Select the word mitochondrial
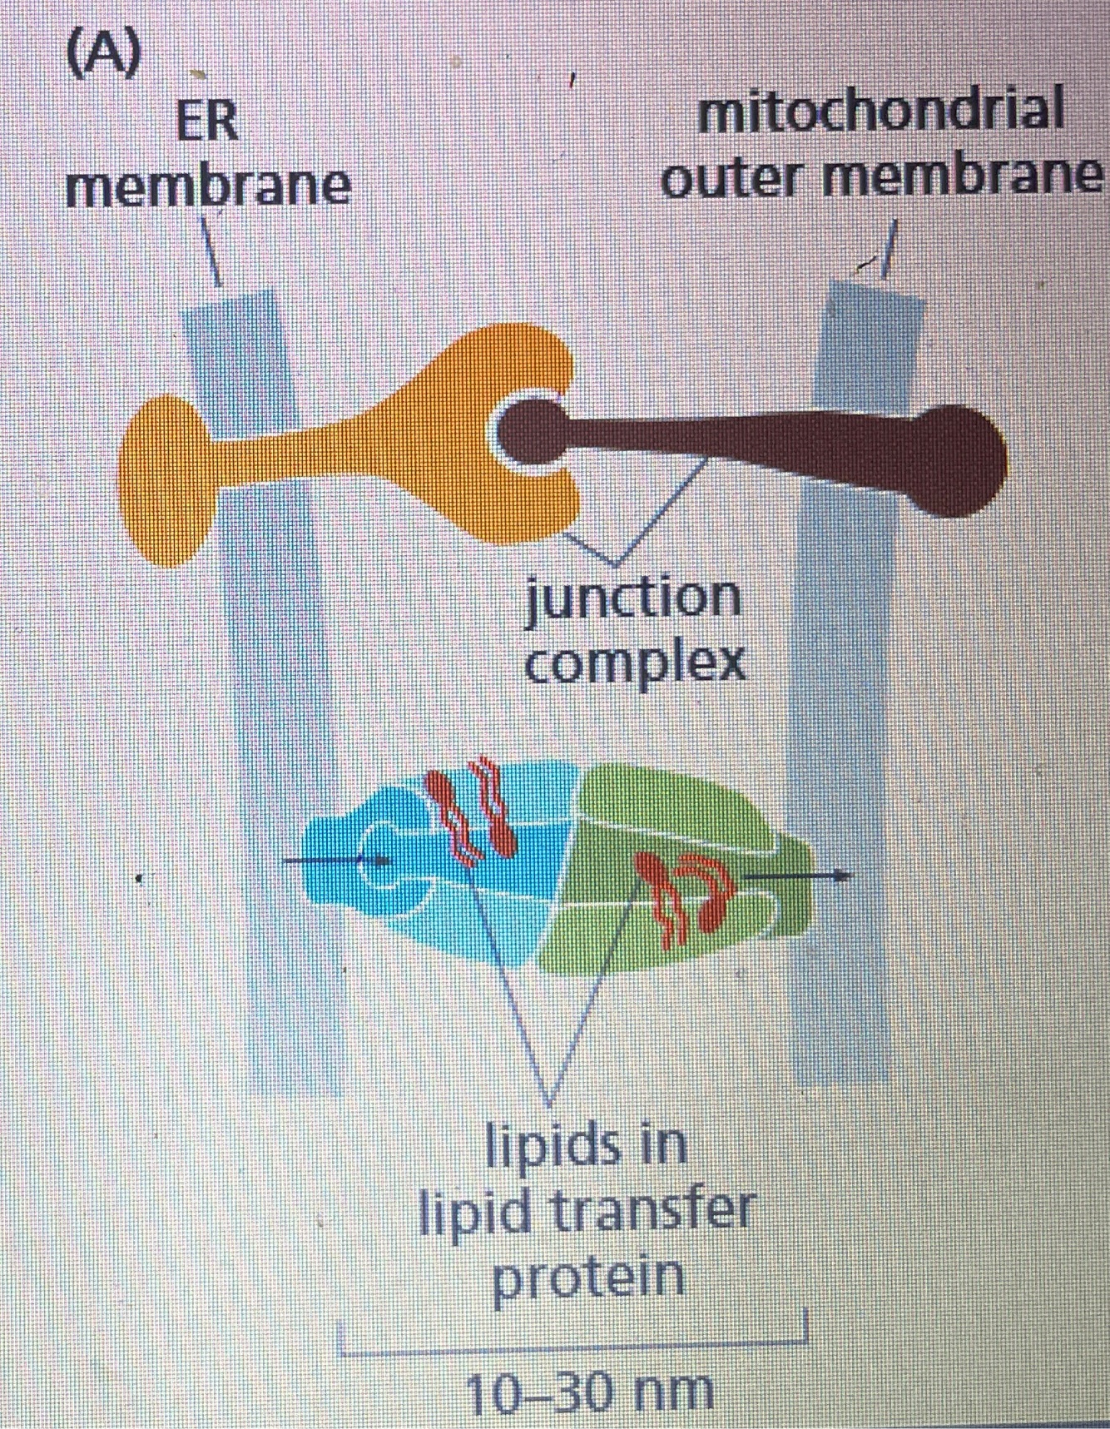(x=880, y=112)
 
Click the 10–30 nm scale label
(x=589, y=1392)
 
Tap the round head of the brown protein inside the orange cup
(x=533, y=430)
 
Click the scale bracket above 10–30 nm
(x=574, y=1343)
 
